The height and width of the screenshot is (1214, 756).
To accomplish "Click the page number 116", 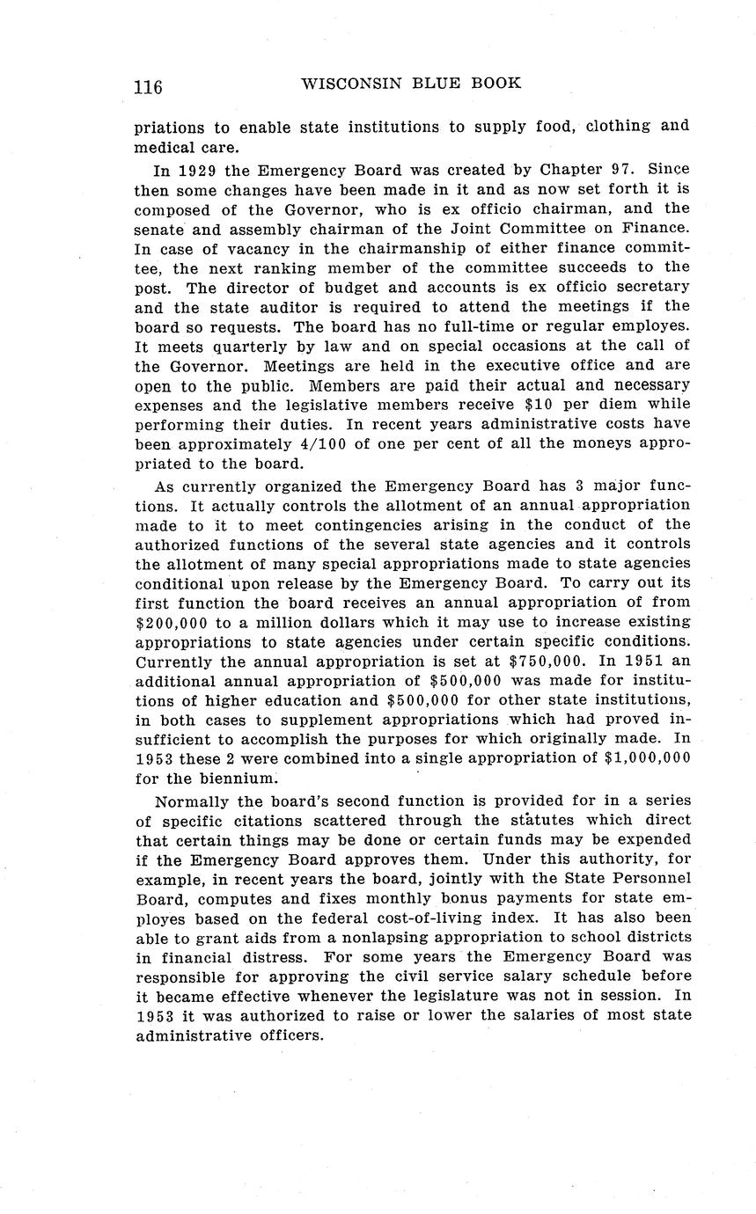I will [148, 86].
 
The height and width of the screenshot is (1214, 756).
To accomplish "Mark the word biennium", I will [231, 779].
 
